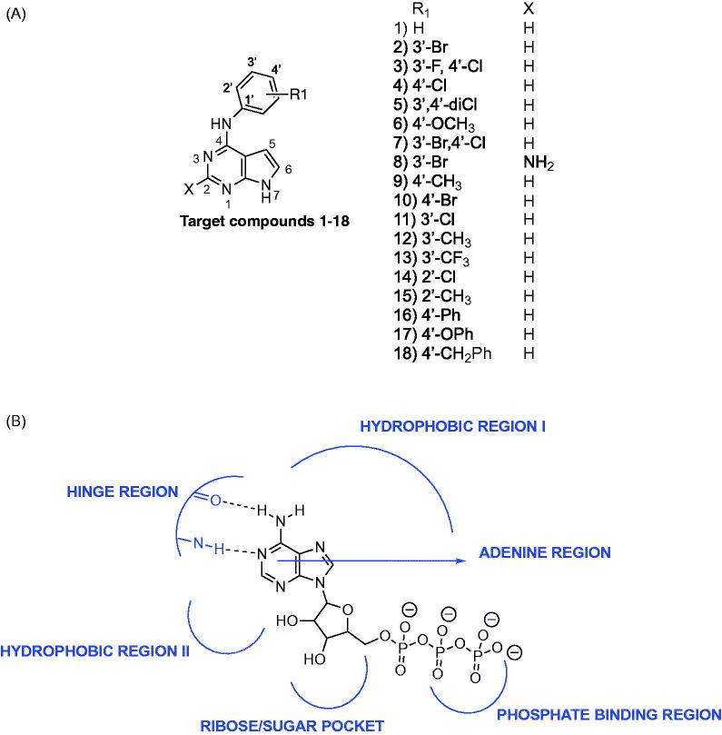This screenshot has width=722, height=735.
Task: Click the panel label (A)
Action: [15, 15]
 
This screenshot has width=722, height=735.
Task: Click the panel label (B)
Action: [15, 422]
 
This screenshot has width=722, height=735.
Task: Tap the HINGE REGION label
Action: [122, 492]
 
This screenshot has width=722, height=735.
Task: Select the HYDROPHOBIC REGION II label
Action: [94, 651]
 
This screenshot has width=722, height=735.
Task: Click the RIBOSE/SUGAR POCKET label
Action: [292, 725]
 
